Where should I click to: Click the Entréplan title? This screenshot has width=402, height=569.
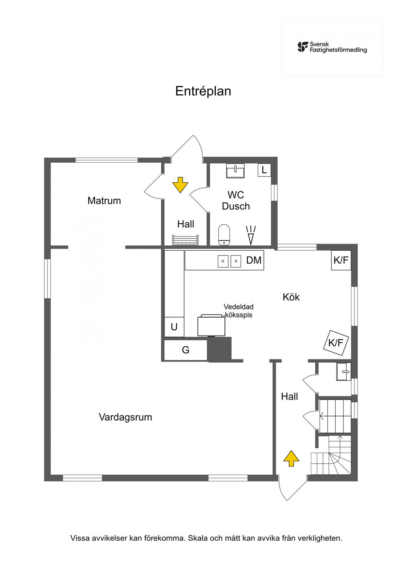[x=203, y=91]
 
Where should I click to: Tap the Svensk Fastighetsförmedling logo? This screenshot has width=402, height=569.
[x=332, y=47]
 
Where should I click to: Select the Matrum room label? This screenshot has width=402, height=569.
[x=104, y=201]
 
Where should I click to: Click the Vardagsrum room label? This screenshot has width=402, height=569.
[x=125, y=417]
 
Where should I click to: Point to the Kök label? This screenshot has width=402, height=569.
[x=291, y=297]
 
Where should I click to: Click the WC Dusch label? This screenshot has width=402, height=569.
[x=236, y=200]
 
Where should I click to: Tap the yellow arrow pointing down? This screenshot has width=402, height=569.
[x=180, y=185]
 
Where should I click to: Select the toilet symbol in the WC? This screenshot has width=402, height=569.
[x=224, y=235]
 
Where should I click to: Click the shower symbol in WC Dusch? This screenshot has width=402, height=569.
[x=251, y=235]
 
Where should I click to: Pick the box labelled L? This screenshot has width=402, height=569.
[x=264, y=170]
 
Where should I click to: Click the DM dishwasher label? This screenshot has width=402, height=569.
[x=254, y=260]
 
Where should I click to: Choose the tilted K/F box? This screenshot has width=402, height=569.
[x=336, y=343]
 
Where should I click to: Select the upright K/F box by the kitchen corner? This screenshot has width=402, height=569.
[x=341, y=260]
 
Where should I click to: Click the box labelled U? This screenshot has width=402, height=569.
[x=174, y=327]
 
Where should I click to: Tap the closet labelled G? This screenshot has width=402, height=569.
[x=186, y=350]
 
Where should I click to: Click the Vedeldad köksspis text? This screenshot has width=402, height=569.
[x=239, y=311]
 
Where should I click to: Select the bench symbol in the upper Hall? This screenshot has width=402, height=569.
[x=185, y=240]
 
